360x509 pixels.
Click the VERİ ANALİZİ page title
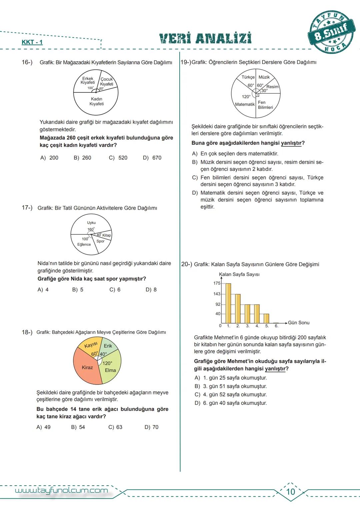(x=205, y=38)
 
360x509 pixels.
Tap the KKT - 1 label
(x=32, y=42)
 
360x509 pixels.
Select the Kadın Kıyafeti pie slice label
(x=96, y=101)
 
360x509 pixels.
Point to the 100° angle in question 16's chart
(x=90, y=88)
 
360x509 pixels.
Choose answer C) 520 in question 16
(x=118, y=158)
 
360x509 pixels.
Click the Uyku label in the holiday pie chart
(x=91, y=223)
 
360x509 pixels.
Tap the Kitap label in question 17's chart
(x=107, y=235)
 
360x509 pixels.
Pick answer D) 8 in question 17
(x=151, y=290)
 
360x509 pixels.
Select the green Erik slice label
(x=108, y=346)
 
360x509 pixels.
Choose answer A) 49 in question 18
(x=44, y=427)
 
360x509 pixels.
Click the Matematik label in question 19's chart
(x=245, y=104)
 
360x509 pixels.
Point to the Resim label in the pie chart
(x=272, y=87)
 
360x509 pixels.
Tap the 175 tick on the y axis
(x=217, y=283)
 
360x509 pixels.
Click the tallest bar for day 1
(x=228, y=303)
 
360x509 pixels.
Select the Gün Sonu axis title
(x=299, y=323)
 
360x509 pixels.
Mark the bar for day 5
(x=266, y=318)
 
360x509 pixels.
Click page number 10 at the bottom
(x=291, y=492)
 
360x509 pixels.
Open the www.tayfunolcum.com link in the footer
(x=62, y=490)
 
